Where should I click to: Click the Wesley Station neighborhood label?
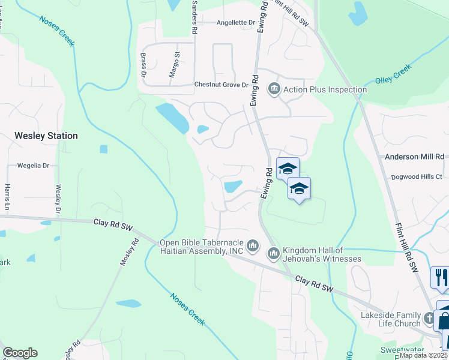[46, 136]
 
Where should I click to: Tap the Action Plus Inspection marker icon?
[274, 89]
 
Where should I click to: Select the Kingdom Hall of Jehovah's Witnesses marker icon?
[273, 254]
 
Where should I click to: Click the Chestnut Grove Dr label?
[221, 85]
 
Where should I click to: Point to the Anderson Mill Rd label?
[414, 157]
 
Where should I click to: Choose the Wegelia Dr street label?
[33, 165]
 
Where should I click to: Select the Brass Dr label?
[143, 65]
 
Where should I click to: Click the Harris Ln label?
[8, 197]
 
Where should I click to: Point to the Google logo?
[20, 353]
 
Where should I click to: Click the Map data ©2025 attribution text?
[424, 355]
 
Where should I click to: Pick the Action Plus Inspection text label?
[325, 90]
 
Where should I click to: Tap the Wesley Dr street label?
[58, 199]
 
